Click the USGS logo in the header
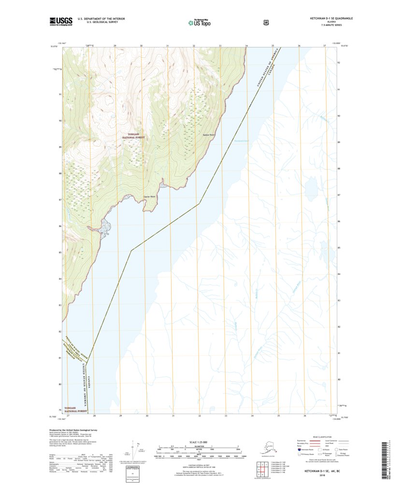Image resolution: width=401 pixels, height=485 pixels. pyautogui.click(x=61, y=21)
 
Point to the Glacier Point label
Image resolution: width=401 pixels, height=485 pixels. pyautogui.click(x=150, y=197)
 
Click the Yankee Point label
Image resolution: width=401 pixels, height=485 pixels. pyautogui.click(x=208, y=135)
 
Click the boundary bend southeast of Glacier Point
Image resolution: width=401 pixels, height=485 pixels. pyautogui.click(x=199, y=204)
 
